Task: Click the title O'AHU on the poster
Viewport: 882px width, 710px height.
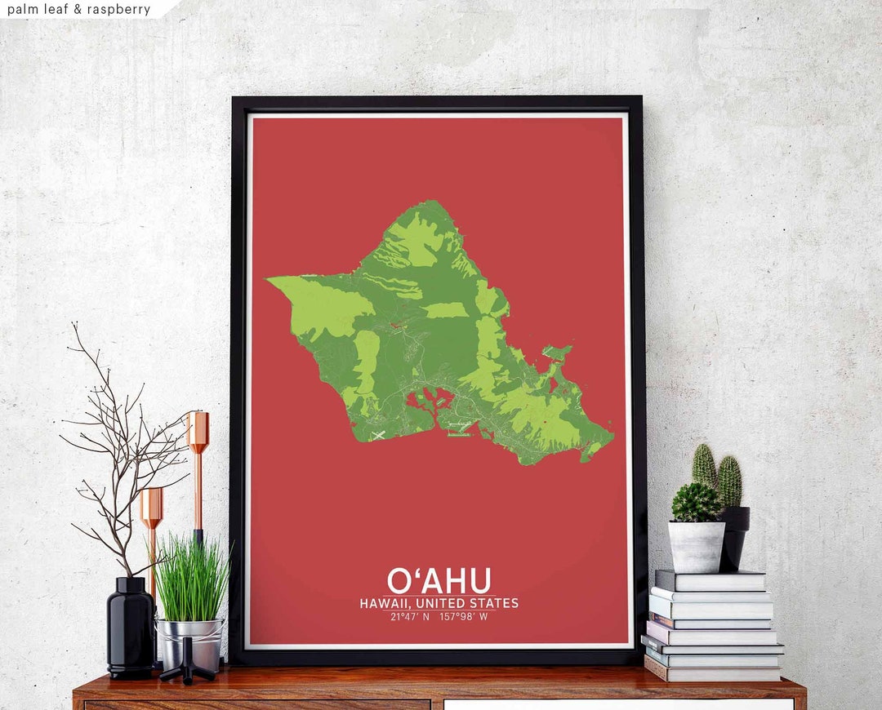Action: click(439, 579)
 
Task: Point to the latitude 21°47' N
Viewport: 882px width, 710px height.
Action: click(411, 617)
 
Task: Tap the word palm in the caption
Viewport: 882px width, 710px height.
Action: click(21, 10)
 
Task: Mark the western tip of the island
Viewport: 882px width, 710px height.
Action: click(269, 279)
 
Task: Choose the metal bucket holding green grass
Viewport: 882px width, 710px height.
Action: click(190, 641)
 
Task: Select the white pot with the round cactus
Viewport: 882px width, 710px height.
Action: click(696, 546)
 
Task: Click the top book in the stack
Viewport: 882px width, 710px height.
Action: click(710, 580)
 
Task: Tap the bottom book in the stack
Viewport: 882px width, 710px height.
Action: click(713, 672)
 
